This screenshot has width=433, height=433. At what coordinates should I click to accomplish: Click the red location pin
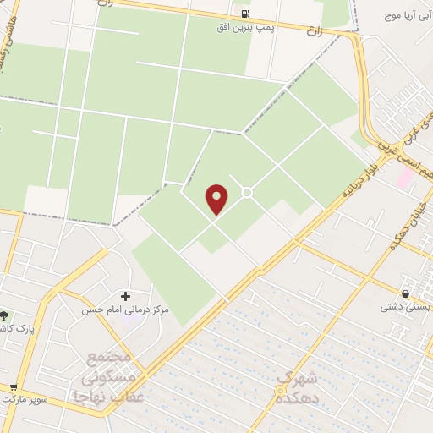(217, 199)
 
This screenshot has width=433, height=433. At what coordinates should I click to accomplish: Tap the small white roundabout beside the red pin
(247, 193)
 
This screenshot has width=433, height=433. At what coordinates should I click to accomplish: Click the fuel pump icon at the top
(245, 14)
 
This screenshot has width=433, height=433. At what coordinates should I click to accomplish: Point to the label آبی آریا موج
(406, 16)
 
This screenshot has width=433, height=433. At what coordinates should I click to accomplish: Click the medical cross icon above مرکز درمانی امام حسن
(126, 296)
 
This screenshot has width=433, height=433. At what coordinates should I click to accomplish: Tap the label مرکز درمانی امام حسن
(125, 310)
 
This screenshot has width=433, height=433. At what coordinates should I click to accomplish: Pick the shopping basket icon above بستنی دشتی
(407, 294)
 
